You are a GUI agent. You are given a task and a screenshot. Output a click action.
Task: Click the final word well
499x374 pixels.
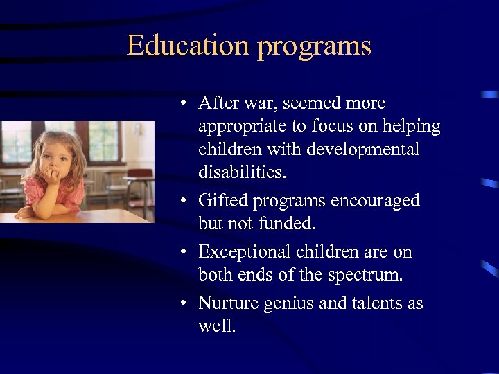(x=217, y=325)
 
